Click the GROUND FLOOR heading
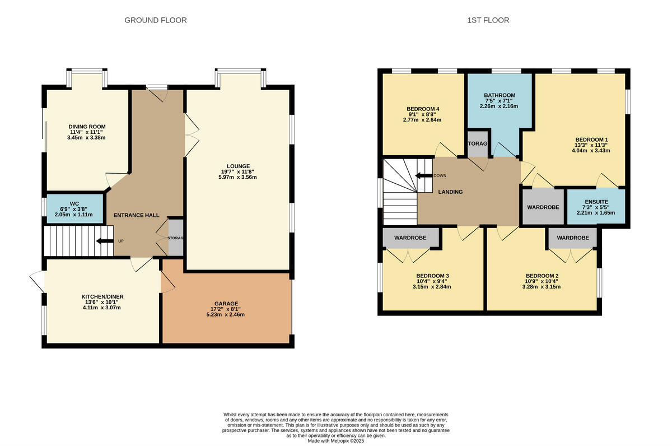pos(155,20)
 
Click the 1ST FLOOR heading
pos(488,20)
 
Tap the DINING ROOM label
pos(87,127)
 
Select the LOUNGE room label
pos(239,165)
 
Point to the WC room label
pos(74,203)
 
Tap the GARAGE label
pos(225,304)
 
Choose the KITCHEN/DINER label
pos(102,296)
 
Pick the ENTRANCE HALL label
pos(137,216)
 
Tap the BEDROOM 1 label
pos(591,140)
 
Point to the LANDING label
pos(450,192)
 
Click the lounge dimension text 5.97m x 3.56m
pos(239,178)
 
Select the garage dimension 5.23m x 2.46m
pos(225,314)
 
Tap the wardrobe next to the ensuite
pos(543,207)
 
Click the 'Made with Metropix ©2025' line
pos(336,441)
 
